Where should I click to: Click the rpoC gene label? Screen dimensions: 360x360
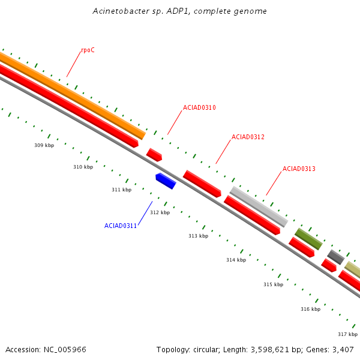88,50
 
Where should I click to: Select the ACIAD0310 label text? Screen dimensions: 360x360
199,108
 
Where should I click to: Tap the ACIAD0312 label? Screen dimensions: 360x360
248,137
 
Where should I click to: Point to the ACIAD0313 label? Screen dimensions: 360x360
299,169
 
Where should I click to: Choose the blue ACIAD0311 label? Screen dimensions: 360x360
121,226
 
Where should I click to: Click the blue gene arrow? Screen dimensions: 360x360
166,181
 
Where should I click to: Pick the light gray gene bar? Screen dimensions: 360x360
259,206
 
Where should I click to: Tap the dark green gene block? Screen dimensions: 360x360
308,239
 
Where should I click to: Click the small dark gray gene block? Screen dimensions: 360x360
335,257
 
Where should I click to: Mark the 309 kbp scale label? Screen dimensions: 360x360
44,145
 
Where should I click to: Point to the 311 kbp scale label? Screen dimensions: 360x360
121,190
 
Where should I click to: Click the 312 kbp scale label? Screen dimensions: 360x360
160,212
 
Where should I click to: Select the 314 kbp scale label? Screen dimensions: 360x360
236,260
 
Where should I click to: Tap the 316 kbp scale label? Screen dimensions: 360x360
310,309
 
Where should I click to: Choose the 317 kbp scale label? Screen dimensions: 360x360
347,334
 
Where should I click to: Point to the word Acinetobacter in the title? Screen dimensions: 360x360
119,11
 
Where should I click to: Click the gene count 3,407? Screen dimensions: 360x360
343,349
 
